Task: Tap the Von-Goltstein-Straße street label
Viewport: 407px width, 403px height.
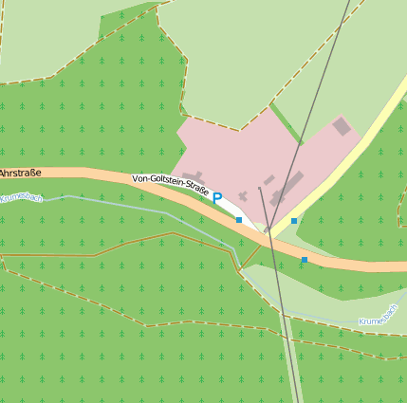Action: (171, 182)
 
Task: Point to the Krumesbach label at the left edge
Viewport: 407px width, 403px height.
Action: (21, 197)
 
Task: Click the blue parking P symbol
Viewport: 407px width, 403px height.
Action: (216, 198)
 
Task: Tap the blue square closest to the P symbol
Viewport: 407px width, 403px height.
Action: (239, 220)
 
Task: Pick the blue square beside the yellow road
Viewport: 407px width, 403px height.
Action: (294, 221)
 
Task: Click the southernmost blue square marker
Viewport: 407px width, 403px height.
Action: (305, 260)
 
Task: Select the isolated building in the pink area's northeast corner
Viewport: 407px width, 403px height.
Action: (342, 126)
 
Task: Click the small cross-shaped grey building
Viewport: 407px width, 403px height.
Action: (243, 196)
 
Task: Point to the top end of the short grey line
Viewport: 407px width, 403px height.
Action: (259, 188)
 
